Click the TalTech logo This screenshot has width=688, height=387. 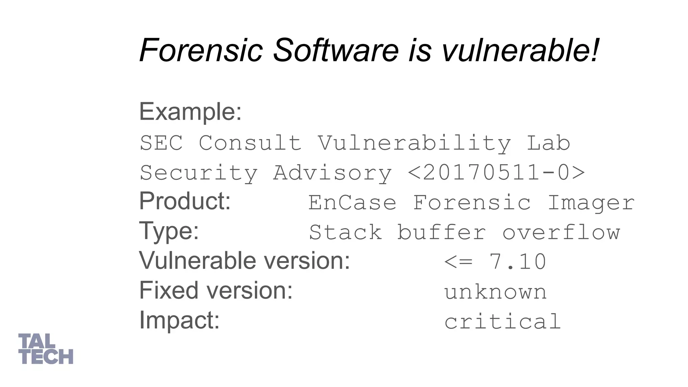pos(46,349)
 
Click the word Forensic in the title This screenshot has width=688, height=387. pos(201,50)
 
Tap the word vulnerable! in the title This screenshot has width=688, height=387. pos(520,50)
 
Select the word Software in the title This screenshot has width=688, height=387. pos(336,50)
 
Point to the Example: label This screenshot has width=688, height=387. pos(190,112)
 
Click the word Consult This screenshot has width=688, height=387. pos(250,143)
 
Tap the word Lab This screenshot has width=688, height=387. pos(548,143)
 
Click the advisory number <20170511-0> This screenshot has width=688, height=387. pos(496,173)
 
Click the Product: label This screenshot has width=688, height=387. pos(185,201)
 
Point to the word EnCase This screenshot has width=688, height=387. pos(352,203)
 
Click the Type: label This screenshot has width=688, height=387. pos(169,231)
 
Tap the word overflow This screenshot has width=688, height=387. pos(561,232)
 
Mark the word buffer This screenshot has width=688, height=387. pos(441,232)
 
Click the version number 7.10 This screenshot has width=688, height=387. pos(518,262)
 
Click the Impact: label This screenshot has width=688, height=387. pos(179,320)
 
